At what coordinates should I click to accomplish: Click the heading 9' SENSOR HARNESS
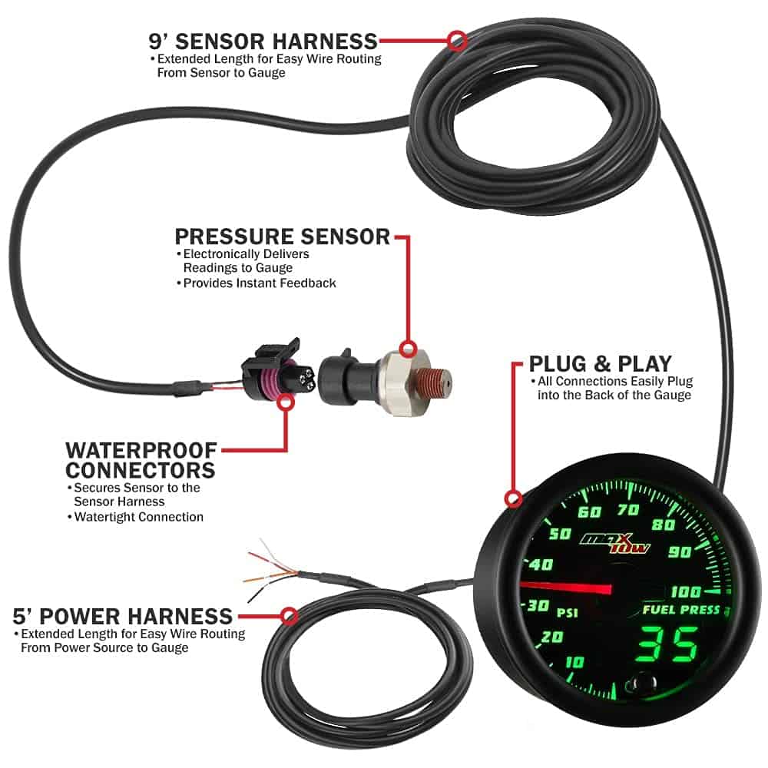coord(263,40)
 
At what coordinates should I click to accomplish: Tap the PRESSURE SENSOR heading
coord(282,237)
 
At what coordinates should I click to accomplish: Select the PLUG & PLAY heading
coord(601,363)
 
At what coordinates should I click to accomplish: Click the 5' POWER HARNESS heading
coord(123,616)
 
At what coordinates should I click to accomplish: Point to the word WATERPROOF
coord(141,449)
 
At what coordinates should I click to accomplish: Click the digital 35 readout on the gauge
coord(668,643)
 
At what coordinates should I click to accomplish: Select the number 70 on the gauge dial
coord(627,508)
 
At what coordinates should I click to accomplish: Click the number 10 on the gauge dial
coord(574,662)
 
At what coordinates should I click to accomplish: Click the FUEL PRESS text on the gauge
coord(682,611)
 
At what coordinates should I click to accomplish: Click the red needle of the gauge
coord(568,588)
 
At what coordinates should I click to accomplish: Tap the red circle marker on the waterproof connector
coord(286,401)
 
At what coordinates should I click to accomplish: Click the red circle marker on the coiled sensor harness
coord(457,40)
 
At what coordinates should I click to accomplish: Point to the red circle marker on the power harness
coord(290,615)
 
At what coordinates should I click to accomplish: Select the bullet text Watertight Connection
coord(138,517)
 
